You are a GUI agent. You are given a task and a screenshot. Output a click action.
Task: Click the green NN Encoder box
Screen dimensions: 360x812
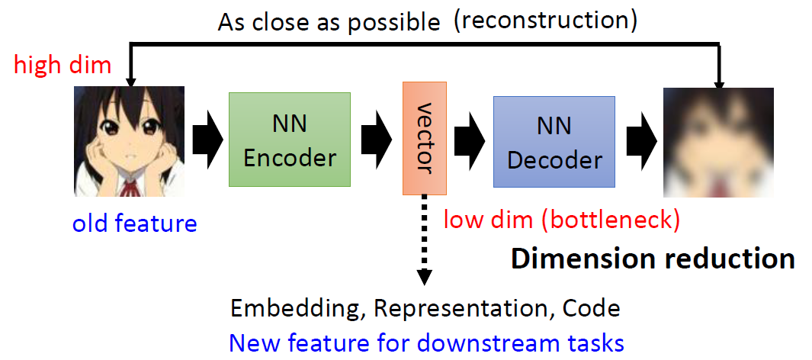[x=290, y=140]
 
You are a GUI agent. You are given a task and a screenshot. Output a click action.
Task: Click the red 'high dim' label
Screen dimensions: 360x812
[x=63, y=65]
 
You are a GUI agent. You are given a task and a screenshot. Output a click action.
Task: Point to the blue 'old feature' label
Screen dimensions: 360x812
[x=134, y=223]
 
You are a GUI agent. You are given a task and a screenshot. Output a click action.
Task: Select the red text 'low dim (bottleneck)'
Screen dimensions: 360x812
[x=561, y=221]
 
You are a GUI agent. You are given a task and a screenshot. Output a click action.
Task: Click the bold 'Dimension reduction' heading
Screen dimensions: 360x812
[x=653, y=259]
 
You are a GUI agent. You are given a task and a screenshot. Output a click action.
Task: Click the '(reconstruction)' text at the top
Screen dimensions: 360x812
[x=545, y=21]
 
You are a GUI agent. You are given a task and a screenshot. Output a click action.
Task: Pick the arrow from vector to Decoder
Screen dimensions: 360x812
[x=468, y=141]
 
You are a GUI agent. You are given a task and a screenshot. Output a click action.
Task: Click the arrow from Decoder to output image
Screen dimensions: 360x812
[x=640, y=141]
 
